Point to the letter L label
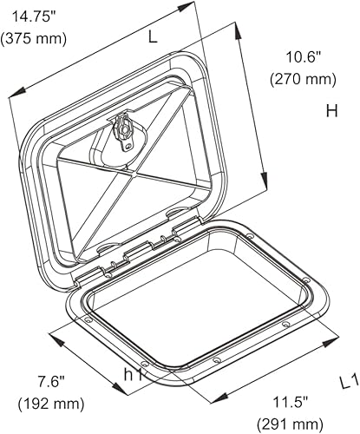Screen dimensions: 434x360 (153, 37)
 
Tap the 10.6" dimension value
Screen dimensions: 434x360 (303, 57)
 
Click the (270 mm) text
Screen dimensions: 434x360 (303, 79)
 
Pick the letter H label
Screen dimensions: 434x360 (331, 111)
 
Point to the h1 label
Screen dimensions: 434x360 (133, 376)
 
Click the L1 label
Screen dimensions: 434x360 (347, 380)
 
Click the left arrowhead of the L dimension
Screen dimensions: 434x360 (12, 97)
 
